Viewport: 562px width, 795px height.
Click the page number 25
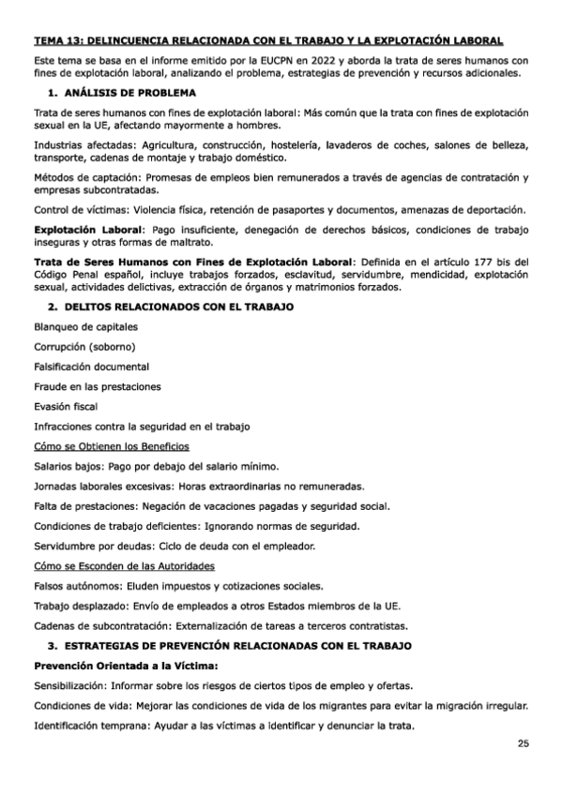point(523,743)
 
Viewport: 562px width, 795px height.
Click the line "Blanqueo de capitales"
point(85,326)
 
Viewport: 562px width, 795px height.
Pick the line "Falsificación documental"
point(91,366)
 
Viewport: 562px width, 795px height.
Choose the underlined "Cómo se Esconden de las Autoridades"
point(124,566)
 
